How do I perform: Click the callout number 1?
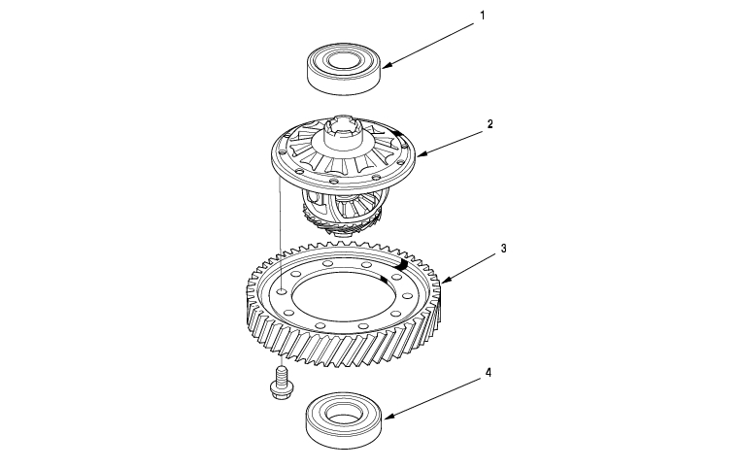[x=483, y=16]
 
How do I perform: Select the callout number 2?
[x=490, y=124]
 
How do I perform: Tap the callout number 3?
[x=504, y=249]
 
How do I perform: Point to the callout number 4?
[x=489, y=373]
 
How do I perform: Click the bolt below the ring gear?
[x=281, y=383]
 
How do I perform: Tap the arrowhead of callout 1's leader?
[x=387, y=65]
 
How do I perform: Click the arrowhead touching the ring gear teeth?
[x=447, y=279]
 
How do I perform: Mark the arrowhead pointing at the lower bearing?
[x=389, y=417]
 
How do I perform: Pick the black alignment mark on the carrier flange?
[x=399, y=136]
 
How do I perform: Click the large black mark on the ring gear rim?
[x=401, y=264]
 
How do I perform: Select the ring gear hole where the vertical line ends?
[x=281, y=291]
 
